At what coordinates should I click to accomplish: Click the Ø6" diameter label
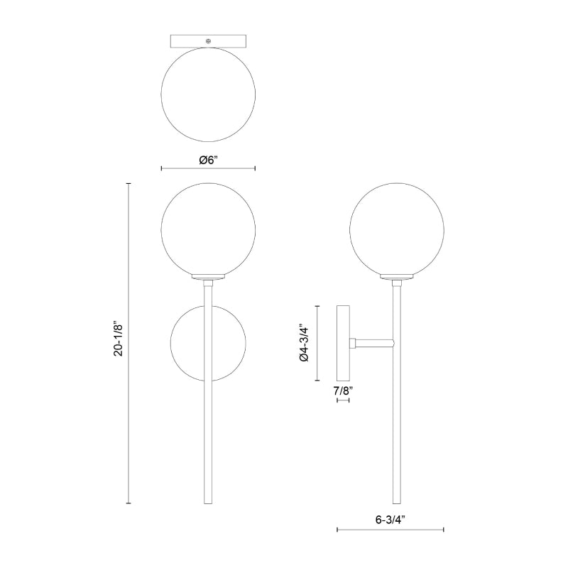(x=208, y=159)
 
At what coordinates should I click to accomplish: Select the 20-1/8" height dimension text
(x=119, y=339)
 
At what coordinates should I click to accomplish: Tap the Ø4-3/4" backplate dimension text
(x=305, y=343)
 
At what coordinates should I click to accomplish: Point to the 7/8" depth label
(x=343, y=391)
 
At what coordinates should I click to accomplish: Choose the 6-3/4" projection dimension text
(x=390, y=520)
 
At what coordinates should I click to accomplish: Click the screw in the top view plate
(x=208, y=41)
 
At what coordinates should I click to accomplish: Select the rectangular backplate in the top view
(x=208, y=41)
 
